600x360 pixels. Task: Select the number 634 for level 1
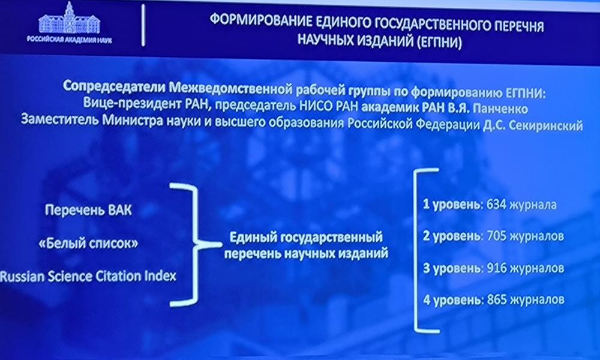tap(496, 205)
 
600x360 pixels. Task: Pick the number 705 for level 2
tap(497, 236)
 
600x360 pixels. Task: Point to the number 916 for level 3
tap(497, 268)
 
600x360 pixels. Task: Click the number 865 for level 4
tap(497, 299)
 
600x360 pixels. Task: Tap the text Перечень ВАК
tap(88, 210)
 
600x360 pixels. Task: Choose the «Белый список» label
tap(88, 244)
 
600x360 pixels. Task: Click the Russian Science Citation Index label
tap(88, 276)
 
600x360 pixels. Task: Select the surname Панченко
tap(500, 109)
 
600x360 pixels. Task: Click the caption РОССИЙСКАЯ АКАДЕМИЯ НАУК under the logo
tap(69, 40)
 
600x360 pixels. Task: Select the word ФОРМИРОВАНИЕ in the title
tap(261, 20)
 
